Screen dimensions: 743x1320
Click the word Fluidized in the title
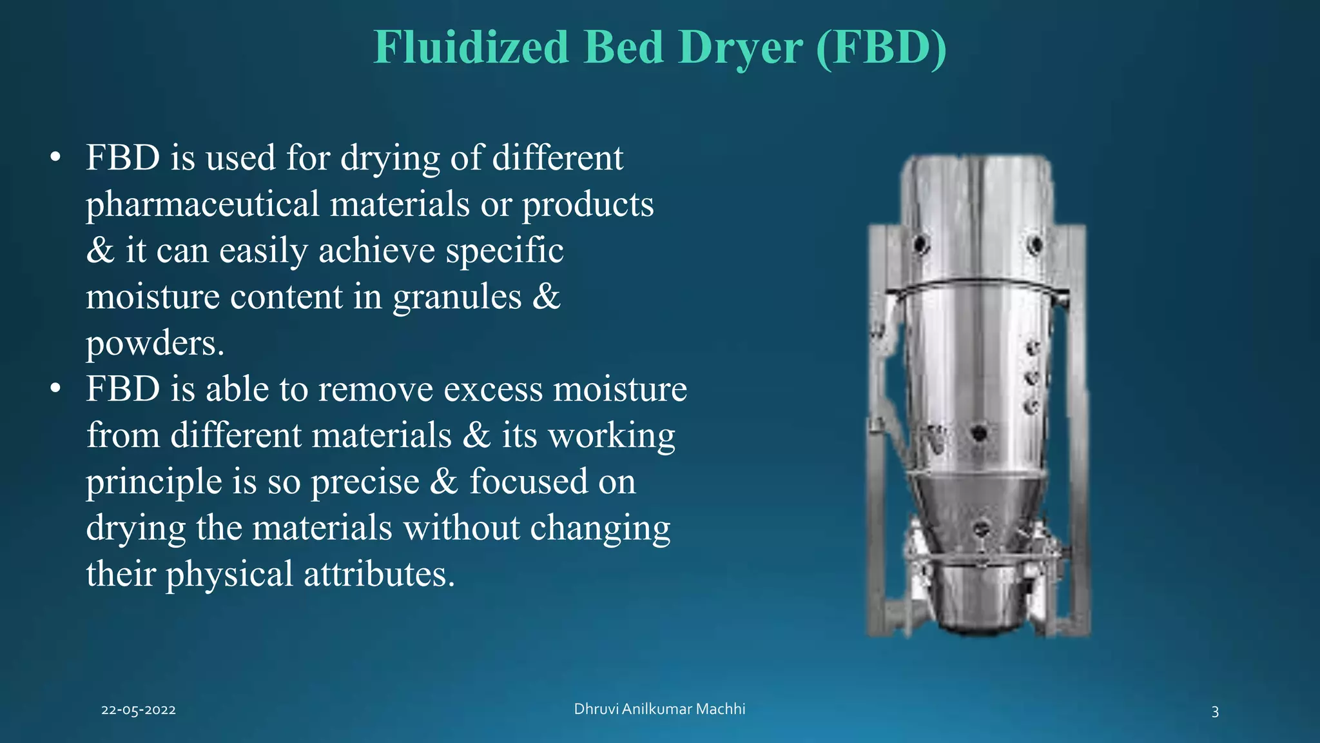pyautogui.click(x=471, y=47)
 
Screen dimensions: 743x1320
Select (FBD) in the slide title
pyautogui.click(x=881, y=47)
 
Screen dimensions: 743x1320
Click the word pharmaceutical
pyautogui.click(x=202, y=205)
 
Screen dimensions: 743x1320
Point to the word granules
pyautogui.click(x=457, y=298)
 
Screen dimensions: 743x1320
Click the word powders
pyautogui.click(x=155, y=344)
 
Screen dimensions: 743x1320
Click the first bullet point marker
pyautogui.click(x=56, y=158)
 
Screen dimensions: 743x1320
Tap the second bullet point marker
pyautogui.click(x=56, y=389)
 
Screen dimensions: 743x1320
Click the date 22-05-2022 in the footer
pyautogui.click(x=139, y=710)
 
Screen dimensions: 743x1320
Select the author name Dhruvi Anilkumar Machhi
pyautogui.click(x=659, y=709)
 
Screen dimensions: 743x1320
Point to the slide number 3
pyautogui.click(x=1215, y=711)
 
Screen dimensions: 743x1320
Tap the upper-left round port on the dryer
pyautogui.click(x=920, y=244)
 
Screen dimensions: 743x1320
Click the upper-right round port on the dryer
pyautogui.click(x=1035, y=244)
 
